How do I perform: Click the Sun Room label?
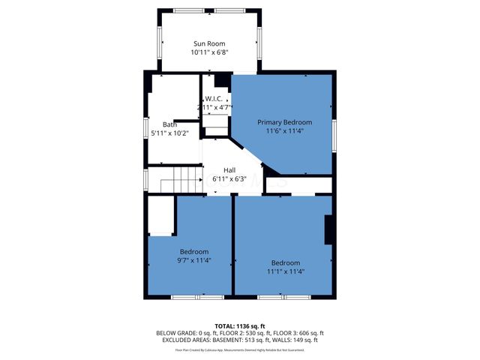tap(209, 44)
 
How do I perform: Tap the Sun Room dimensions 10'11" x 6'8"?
tap(209, 53)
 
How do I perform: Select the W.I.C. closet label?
tap(216, 99)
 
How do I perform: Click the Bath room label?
tap(169, 124)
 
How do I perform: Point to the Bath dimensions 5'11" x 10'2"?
tap(169, 133)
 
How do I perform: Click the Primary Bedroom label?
tap(284, 121)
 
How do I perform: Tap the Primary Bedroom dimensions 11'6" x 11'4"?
tap(284, 130)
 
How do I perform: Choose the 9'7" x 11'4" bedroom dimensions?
tap(194, 261)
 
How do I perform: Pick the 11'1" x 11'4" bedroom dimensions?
tap(285, 271)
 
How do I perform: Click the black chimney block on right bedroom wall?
tap(328, 229)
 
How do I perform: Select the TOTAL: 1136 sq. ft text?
tap(240, 325)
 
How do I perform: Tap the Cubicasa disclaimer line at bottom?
tap(240, 349)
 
